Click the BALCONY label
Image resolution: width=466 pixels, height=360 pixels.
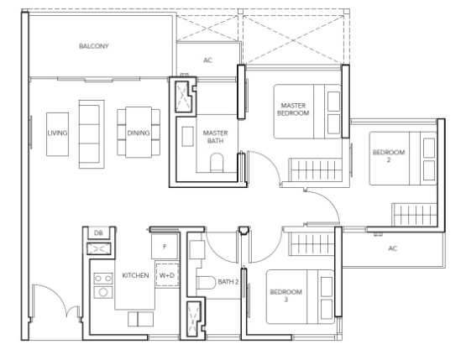coord(93,46)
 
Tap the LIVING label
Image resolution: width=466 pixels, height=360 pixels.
coord(57,133)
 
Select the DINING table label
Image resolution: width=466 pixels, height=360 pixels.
coord(139,133)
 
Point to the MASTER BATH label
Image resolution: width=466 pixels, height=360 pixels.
coord(215,137)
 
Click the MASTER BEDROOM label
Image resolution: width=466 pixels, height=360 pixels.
coord(293,109)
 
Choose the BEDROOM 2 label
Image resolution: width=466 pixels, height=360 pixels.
coord(389,156)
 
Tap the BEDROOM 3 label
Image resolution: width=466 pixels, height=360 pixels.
coord(286,295)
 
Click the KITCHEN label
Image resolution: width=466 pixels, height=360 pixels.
coord(135,275)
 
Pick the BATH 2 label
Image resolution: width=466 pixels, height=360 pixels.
coord(228,282)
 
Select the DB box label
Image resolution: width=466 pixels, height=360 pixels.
coord(98,233)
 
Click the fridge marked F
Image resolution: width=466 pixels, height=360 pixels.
coord(165,246)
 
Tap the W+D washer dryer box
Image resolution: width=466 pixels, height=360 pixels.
coord(167,275)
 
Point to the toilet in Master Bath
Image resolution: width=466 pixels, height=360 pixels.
coord(217,163)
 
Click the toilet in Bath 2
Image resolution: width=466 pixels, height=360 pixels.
coord(206,283)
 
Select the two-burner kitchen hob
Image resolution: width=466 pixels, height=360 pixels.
coord(103,279)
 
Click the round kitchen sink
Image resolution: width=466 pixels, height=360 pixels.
coord(103,292)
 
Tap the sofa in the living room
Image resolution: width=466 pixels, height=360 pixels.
coord(92,134)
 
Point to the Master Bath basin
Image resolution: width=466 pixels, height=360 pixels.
coord(187,136)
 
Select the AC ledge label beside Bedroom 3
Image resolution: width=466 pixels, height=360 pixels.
coord(393,248)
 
